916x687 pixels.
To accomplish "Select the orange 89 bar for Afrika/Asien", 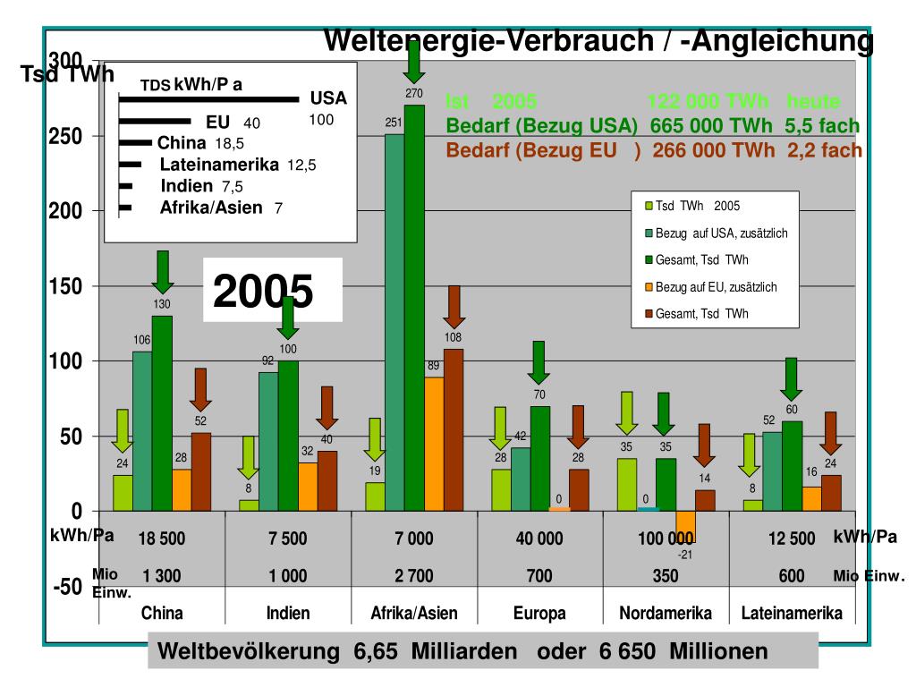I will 434,444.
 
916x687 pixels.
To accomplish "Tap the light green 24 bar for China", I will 123,492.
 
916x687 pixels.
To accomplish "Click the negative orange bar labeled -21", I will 685,526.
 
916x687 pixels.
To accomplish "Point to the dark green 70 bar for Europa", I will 540,458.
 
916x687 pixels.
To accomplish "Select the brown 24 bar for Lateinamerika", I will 831,492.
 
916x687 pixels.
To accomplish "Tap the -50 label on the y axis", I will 67,588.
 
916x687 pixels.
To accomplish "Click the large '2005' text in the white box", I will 263,291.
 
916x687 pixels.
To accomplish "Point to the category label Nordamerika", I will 666,614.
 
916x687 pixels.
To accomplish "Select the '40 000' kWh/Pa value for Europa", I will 539,539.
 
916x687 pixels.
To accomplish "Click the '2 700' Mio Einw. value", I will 413,576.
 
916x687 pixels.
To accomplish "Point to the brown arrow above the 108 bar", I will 454,306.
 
